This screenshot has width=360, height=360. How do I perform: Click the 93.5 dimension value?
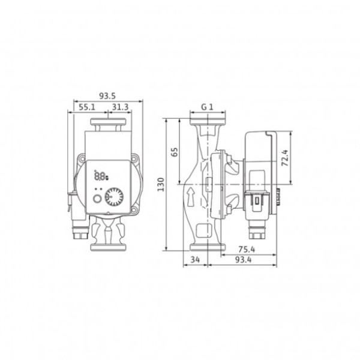[x=107, y=96]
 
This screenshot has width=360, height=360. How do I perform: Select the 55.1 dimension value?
[x=87, y=107]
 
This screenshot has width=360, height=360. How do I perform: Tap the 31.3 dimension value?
[x=121, y=107]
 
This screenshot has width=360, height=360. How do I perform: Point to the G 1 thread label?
[x=207, y=107]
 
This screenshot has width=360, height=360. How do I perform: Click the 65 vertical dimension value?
[x=175, y=152]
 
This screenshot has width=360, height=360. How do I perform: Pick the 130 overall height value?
[x=161, y=184]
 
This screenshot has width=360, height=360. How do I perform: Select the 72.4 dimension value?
[x=284, y=158]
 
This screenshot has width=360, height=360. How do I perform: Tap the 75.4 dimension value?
[x=247, y=250]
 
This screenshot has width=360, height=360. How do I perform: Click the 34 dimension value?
[x=195, y=260]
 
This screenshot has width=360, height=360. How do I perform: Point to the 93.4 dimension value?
[x=244, y=260]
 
